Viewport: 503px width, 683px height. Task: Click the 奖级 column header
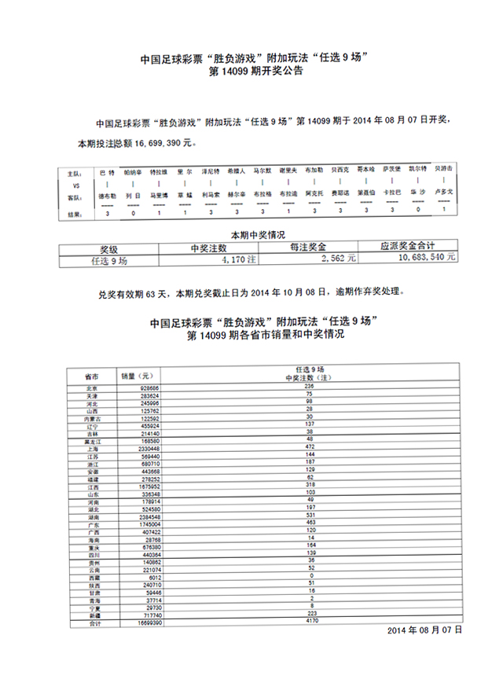tap(108, 246)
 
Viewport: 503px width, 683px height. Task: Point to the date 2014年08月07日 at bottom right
tap(425, 630)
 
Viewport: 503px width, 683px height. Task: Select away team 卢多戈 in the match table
tap(444, 192)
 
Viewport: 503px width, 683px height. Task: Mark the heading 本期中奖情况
tap(256, 235)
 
